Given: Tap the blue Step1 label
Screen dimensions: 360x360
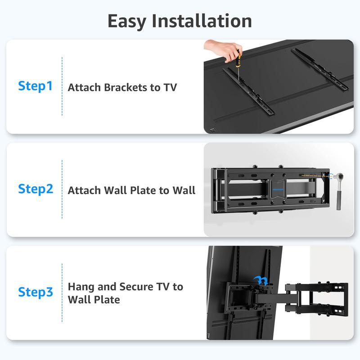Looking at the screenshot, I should [x=35, y=86].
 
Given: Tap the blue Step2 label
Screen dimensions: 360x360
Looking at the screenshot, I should [x=35, y=189].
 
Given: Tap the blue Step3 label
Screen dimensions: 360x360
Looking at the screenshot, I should [x=35, y=292].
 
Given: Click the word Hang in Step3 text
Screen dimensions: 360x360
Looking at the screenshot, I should [x=80, y=287].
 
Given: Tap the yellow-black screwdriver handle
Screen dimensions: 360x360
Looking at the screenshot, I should [x=234, y=59].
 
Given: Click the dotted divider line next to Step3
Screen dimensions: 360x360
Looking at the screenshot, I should [x=62, y=292].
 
